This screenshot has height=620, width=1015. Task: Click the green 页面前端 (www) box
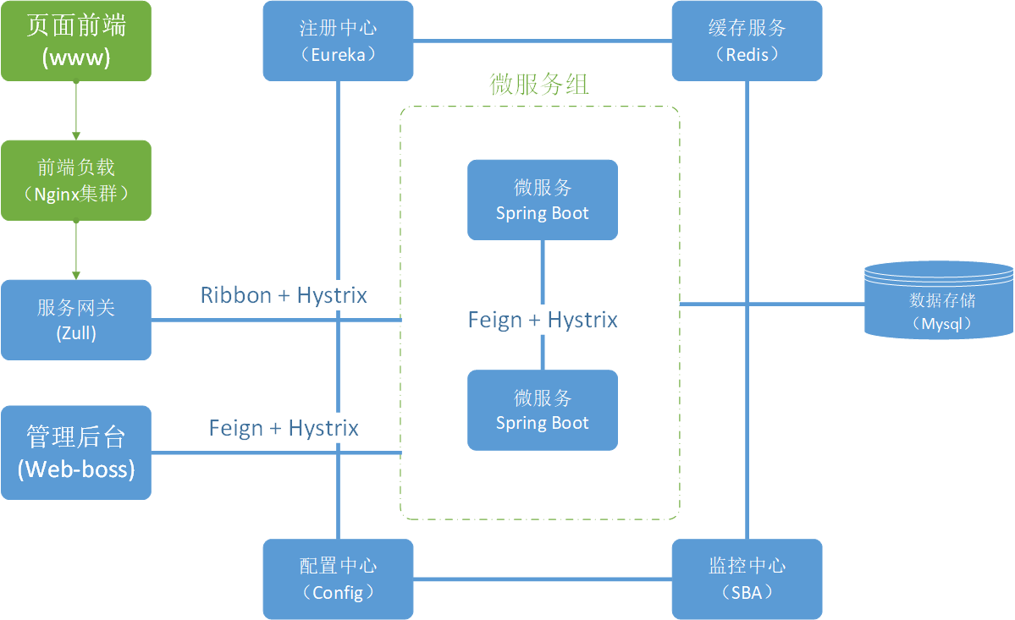[76, 41]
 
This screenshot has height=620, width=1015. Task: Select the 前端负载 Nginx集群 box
[76, 180]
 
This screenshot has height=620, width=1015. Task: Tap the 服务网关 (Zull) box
[76, 320]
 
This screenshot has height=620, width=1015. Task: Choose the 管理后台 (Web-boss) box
[76, 453]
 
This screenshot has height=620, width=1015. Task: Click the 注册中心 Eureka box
[339, 41]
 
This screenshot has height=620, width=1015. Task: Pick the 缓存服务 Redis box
[747, 41]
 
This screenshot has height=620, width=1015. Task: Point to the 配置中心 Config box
[339, 579]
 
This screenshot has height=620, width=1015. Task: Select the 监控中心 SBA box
[747, 579]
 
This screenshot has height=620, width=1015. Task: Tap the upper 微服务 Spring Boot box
[543, 200]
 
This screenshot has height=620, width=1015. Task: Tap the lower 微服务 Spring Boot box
[543, 410]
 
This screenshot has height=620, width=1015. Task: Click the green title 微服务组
[539, 85]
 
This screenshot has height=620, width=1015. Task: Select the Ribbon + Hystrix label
[284, 295]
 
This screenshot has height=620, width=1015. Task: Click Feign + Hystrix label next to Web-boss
[284, 428]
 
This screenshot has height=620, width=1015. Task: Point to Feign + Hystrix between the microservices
[543, 320]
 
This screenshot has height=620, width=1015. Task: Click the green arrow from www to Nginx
[76, 110]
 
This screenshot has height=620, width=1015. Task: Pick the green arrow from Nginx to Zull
[76, 250]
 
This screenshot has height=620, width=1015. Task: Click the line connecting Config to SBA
[542, 579]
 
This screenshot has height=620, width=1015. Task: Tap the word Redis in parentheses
[747, 55]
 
